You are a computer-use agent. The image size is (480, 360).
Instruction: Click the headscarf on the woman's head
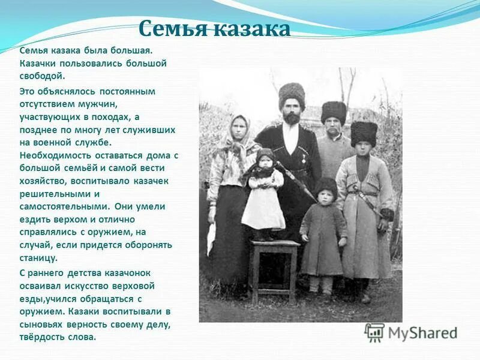[x=239, y=132]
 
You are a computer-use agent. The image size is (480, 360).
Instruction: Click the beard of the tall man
[x=292, y=118]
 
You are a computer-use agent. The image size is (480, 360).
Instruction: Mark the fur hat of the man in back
[x=334, y=111]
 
